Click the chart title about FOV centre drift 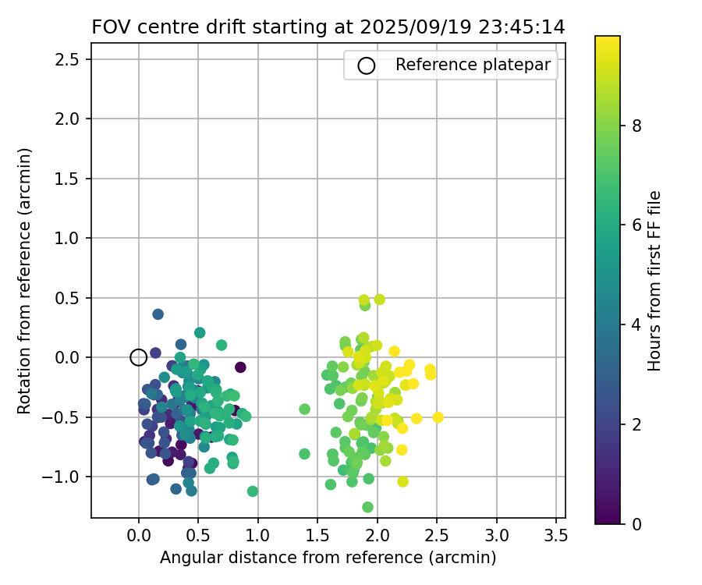coord(328,27)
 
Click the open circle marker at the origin coord(138,357)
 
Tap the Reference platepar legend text coord(473,65)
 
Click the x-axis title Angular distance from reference coord(328,558)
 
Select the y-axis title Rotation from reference coord(24,279)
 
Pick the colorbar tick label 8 coord(636,125)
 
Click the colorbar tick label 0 coord(636,523)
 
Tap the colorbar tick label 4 coord(636,324)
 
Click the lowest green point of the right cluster coord(367,507)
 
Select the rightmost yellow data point coord(438,417)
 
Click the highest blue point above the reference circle coord(158,314)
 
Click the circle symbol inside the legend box coord(367,66)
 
